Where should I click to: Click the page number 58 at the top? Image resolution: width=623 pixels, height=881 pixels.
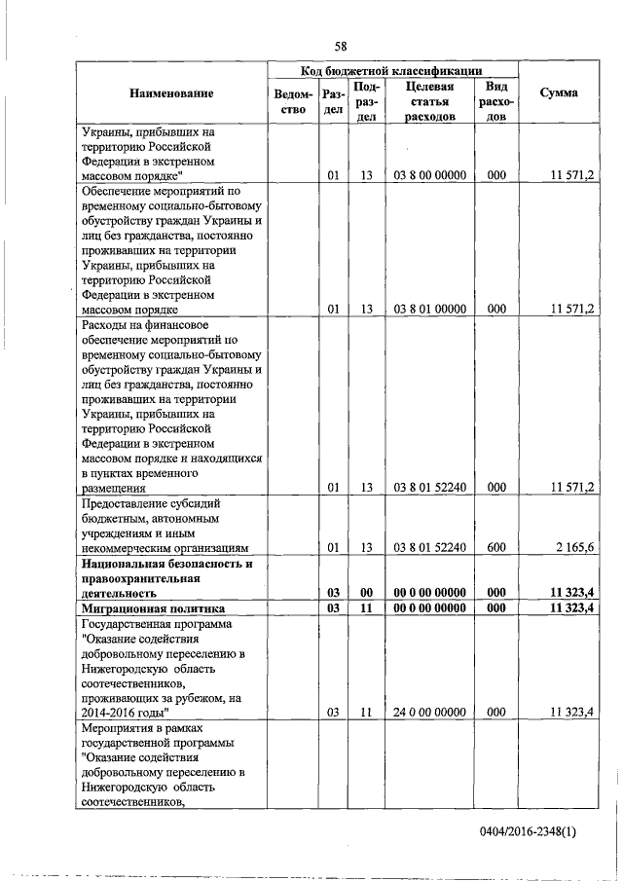click(x=341, y=46)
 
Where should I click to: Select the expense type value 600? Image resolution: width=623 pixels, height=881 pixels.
click(x=496, y=547)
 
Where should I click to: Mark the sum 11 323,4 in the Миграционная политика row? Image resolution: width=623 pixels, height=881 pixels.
click(x=571, y=607)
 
